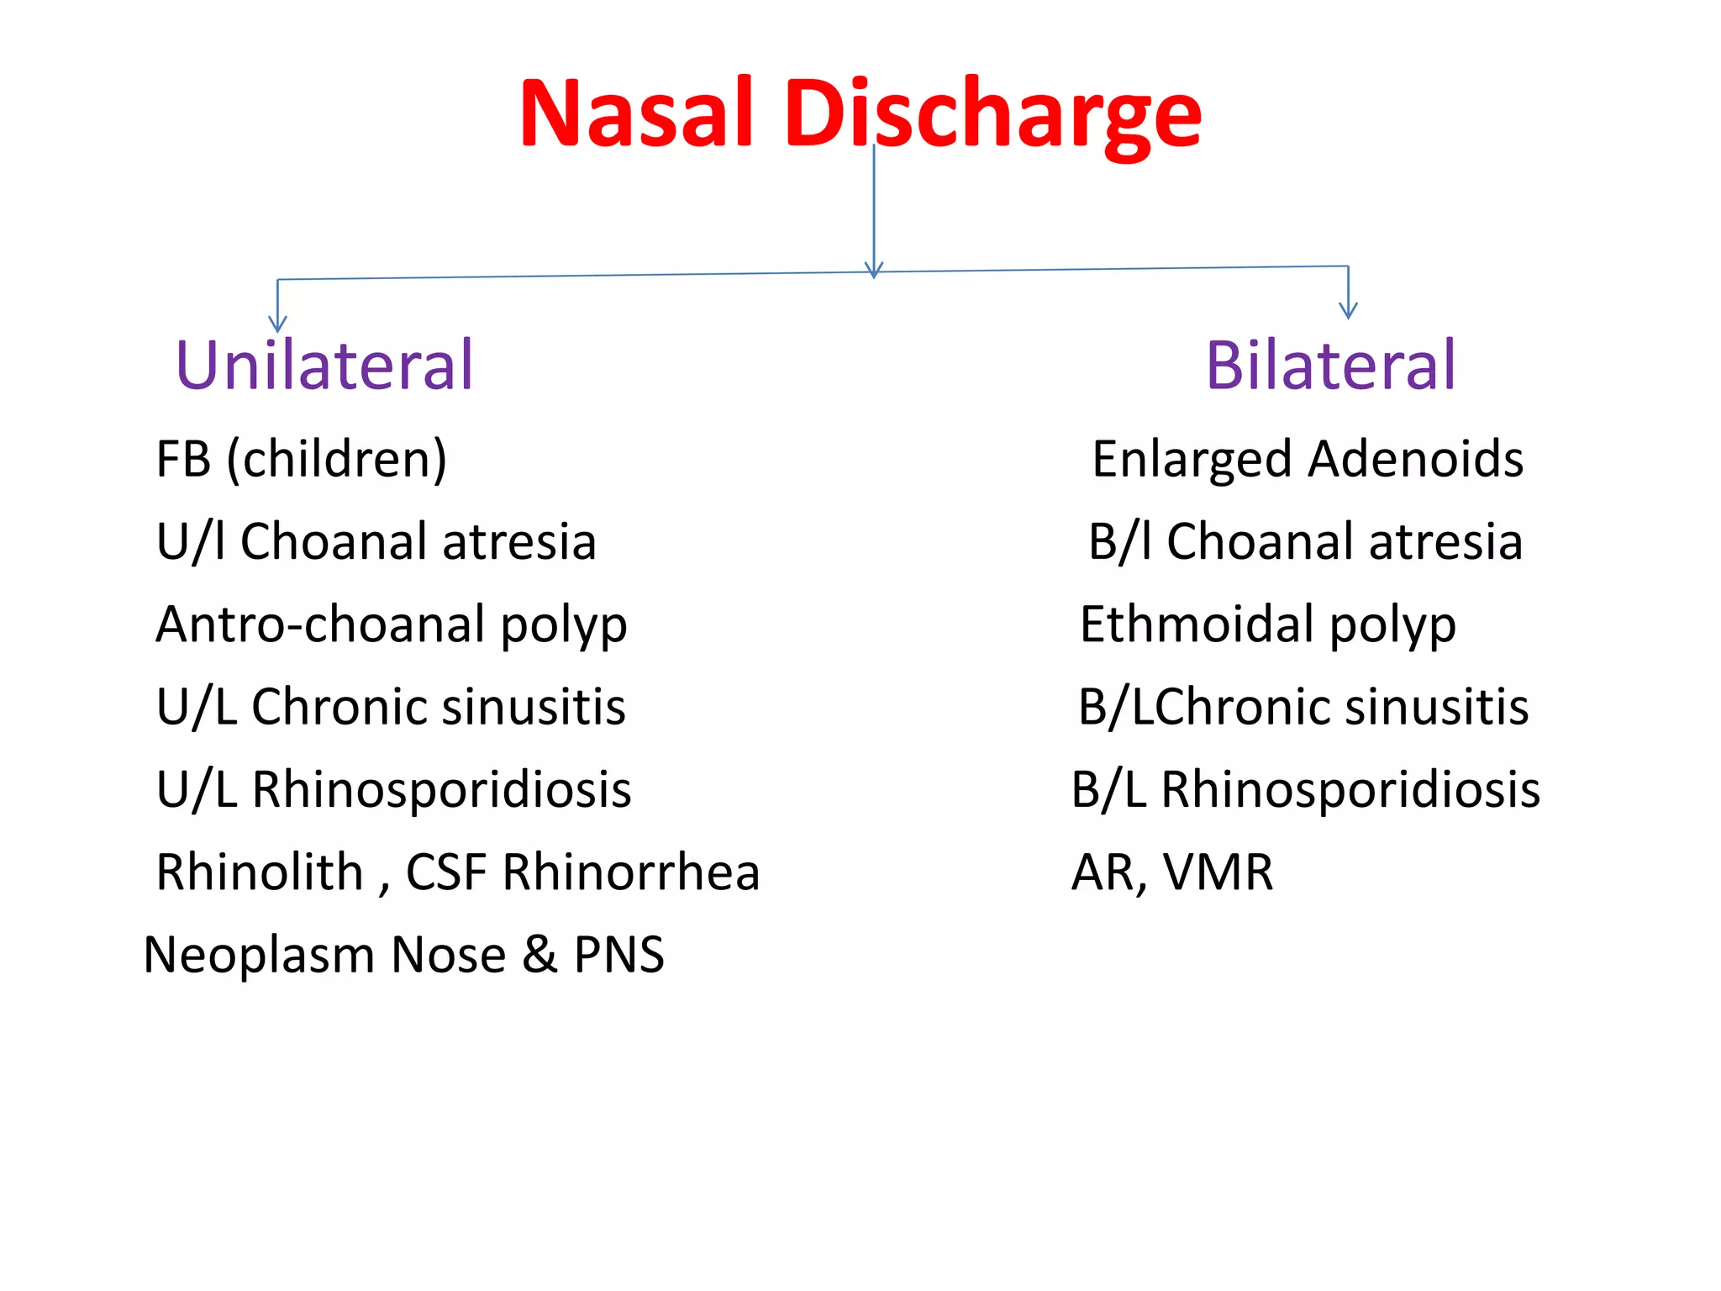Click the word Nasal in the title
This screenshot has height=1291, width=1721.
(x=635, y=113)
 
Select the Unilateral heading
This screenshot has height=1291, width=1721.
(x=324, y=366)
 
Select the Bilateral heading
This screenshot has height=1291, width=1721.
(x=1330, y=366)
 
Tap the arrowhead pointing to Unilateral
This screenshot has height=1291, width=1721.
(x=277, y=324)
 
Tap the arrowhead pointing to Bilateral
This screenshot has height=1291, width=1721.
(x=1348, y=310)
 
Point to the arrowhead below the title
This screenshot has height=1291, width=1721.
(x=874, y=270)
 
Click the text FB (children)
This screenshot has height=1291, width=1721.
(x=301, y=460)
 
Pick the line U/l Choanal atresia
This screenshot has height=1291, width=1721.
(x=376, y=541)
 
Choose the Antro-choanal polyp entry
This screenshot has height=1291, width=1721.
(x=392, y=625)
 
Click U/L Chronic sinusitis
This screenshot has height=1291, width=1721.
(x=391, y=707)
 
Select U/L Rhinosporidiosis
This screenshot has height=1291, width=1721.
(x=393, y=790)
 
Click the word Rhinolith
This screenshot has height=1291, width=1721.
(x=259, y=872)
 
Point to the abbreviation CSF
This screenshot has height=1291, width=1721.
(x=446, y=872)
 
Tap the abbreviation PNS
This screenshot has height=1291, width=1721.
(x=618, y=955)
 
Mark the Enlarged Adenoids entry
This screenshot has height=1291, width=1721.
(x=1308, y=460)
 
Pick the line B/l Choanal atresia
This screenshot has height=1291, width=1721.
(x=1305, y=541)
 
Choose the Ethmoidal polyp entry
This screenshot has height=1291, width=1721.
(x=1267, y=625)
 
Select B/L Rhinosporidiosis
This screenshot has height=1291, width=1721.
(x=1305, y=790)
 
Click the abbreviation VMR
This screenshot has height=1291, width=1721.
(x=1218, y=872)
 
